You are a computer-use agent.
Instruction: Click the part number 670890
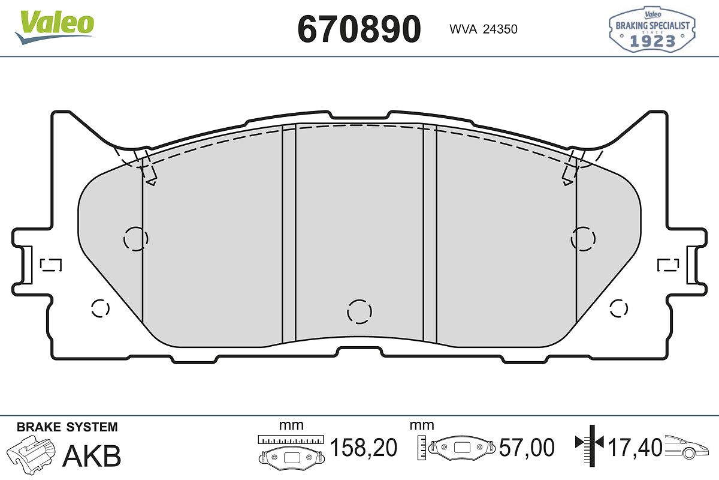point(359,29)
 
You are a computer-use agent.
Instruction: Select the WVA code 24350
point(500,29)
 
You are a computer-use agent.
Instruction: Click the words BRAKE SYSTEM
point(67,427)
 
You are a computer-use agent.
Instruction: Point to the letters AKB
point(92,455)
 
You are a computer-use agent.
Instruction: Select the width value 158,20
point(363,448)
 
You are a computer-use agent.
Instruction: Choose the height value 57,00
point(527,448)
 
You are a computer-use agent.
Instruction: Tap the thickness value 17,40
point(635,448)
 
